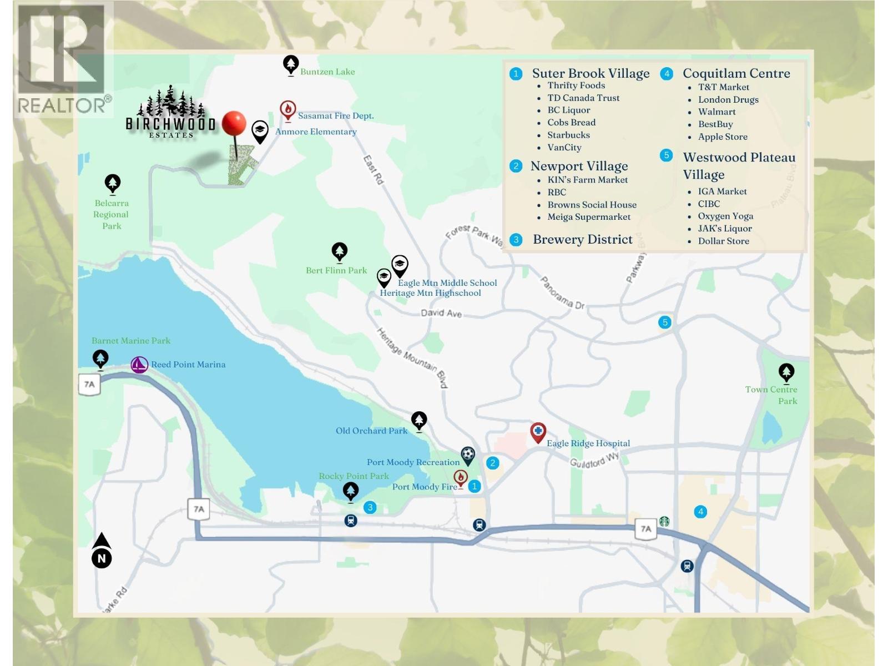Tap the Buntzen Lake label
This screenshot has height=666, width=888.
tap(327, 72)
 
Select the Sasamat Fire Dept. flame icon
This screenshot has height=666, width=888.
tap(287, 110)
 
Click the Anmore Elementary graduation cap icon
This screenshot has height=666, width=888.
tap(259, 131)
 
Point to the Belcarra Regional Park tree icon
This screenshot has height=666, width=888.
tap(113, 183)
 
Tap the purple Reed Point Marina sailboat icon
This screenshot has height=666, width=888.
tap(139, 365)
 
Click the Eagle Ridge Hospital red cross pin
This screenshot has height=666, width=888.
tap(538, 432)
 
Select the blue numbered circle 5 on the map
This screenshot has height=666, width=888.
tap(665, 322)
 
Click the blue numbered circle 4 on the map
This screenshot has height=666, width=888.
tap(700, 512)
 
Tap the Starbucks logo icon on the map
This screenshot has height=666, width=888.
tap(664, 522)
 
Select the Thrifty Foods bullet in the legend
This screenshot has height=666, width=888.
tap(576, 85)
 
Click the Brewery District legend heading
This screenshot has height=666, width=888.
tap(582, 239)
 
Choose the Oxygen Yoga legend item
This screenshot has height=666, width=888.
tap(725, 216)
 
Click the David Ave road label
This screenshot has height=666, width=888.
tap(441, 313)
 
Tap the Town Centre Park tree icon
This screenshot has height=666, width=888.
tap(786, 372)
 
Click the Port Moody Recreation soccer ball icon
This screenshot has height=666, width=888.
tap(468, 455)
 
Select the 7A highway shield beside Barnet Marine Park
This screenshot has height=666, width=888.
tap(90, 384)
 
